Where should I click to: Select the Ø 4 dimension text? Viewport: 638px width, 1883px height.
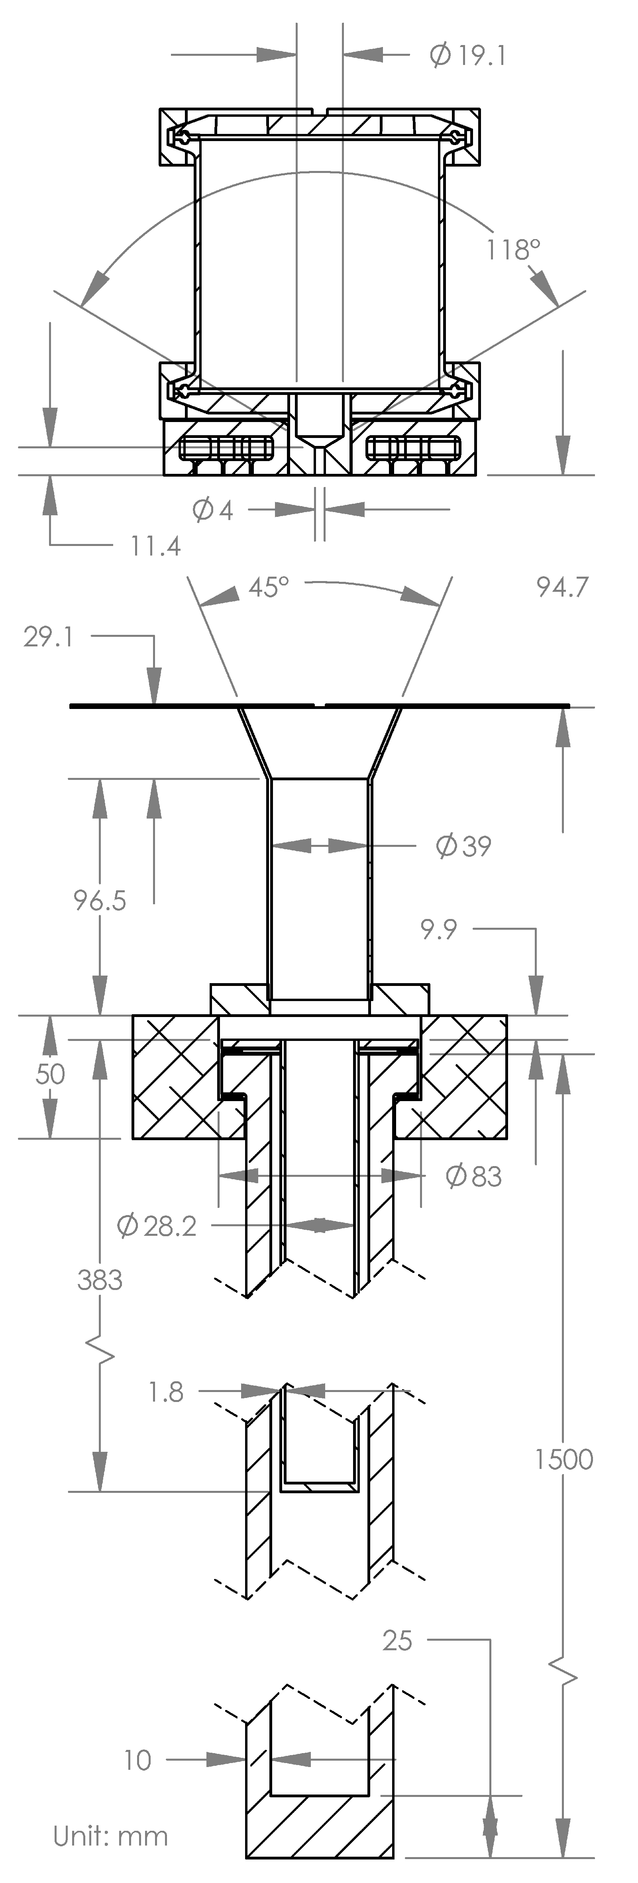coord(213,509)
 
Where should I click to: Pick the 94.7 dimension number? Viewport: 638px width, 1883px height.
coord(562,587)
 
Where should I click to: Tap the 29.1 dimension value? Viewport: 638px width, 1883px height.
coord(48,637)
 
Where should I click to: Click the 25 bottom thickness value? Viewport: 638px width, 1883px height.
coord(398,1641)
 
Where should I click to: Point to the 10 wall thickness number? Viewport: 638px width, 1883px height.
coord(137,1760)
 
